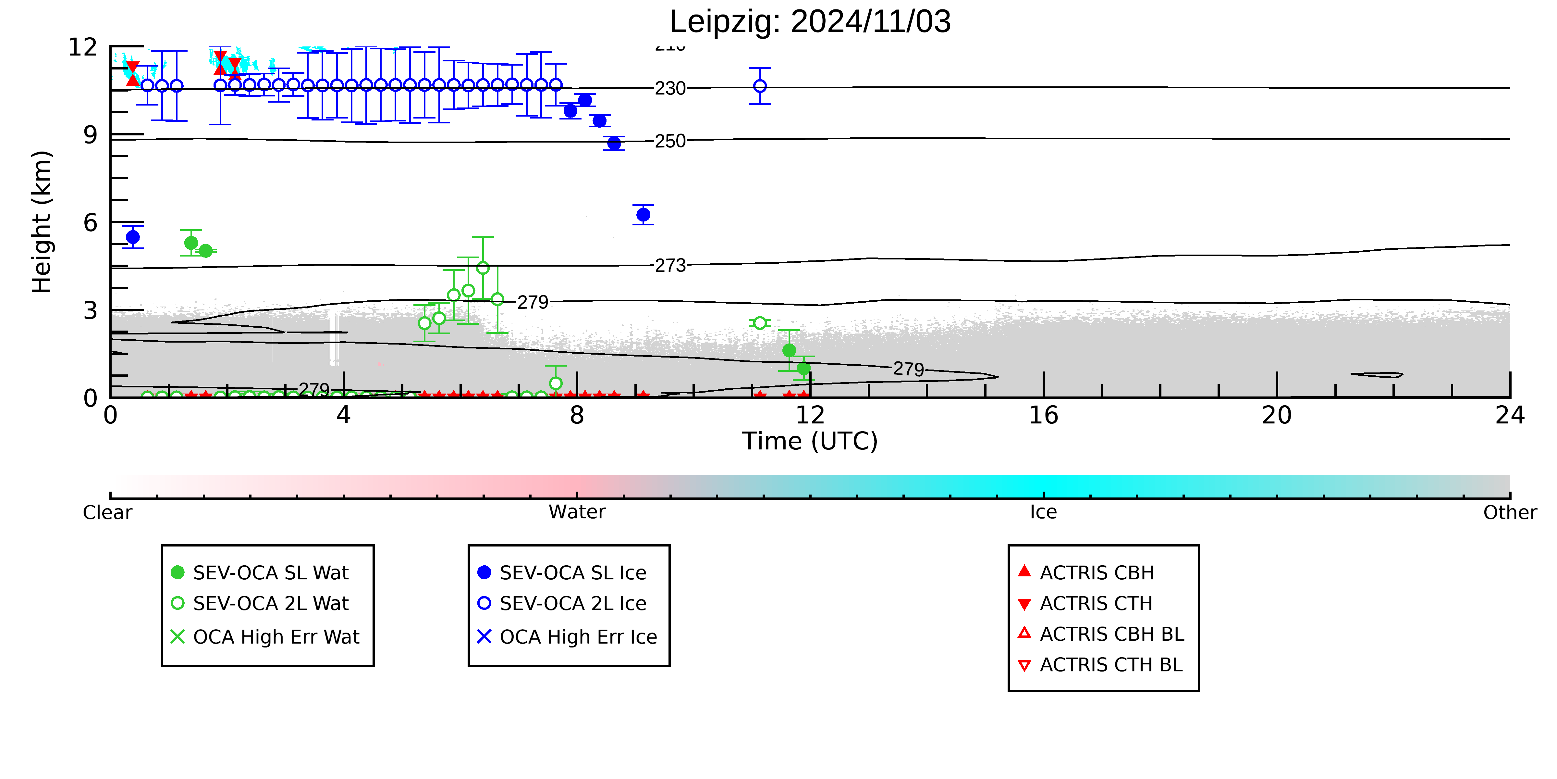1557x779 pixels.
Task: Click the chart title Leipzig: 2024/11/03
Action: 810,22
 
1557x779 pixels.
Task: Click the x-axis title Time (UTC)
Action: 810,441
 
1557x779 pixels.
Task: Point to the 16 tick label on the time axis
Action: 1043,416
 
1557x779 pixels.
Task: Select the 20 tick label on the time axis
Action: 1277,416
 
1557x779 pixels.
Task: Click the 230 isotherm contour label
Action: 670,88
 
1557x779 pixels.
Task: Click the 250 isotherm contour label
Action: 670,141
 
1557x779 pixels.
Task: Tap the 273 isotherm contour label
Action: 670,266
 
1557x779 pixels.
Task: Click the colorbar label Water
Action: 577,512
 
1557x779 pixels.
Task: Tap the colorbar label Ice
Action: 1043,512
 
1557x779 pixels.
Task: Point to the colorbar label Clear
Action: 108,512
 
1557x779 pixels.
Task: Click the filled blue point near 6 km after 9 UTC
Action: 643,215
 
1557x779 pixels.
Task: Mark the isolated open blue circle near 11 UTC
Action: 760,86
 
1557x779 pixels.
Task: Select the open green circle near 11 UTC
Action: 760,323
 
